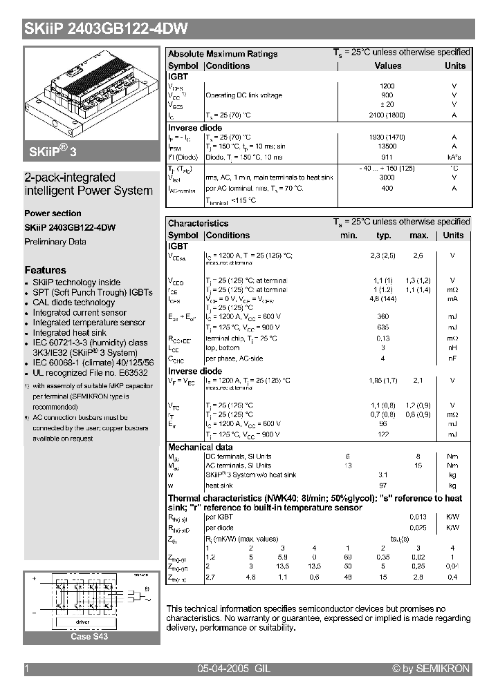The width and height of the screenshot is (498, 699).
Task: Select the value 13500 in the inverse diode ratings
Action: tap(387, 146)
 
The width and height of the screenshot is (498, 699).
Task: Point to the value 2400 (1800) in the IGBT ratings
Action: tap(387, 115)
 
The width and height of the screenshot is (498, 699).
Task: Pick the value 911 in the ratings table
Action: tap(387, 157)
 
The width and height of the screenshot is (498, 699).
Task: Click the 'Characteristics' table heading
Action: tap(198, 223)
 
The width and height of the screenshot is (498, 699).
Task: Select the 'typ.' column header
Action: tap(384, 236)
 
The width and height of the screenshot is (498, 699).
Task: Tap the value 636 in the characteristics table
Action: tap(382, 327)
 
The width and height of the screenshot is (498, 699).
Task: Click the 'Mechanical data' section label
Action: tap(201, 447)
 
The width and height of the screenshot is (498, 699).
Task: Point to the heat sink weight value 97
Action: tap(382, 486)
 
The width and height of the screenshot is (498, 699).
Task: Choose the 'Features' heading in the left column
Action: tap(45, 270)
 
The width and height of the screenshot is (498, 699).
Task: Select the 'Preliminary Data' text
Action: tap(55, 242)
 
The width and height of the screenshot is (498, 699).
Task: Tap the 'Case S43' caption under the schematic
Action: tap(89, 636)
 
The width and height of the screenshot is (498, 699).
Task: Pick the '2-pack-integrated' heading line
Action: tap(70, 178)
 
